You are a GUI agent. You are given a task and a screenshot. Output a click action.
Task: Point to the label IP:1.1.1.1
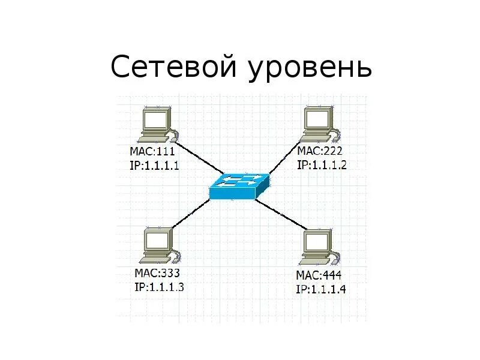click(x=154, y=165)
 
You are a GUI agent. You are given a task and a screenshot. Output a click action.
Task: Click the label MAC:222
click(x=320, y=151)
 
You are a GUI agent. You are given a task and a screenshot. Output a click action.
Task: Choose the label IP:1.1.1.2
click(x=322, y=164)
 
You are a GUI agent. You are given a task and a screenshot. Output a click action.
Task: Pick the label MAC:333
click(x=157, y=274)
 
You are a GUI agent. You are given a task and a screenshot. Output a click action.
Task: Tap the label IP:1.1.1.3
click(x=159, y=287)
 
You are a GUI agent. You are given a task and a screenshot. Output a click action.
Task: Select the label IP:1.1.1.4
click(x=321, y=289)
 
